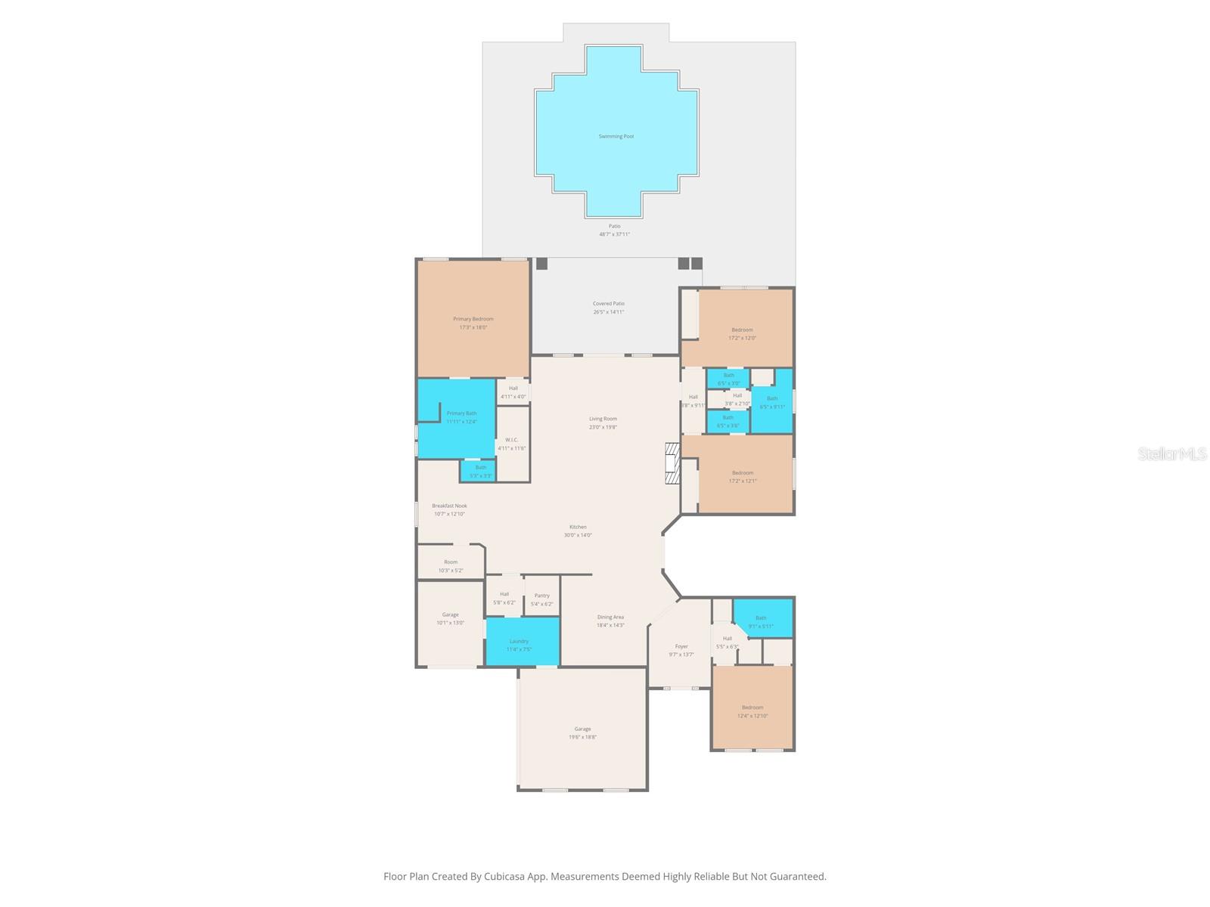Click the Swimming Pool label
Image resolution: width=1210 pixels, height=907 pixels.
click(x=616, y=137)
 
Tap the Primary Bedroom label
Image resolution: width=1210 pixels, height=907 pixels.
click(x=473, y=319)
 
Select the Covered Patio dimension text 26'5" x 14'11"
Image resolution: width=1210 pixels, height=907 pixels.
click(x=608, y=312)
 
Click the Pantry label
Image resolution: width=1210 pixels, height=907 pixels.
click(x=541, y=596)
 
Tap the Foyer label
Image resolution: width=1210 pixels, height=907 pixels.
click(x=681, y=646)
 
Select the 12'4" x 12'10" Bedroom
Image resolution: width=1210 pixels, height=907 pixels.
click(x=752, y=711)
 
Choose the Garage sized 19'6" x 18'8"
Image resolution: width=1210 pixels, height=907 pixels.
click(x=582, y=732)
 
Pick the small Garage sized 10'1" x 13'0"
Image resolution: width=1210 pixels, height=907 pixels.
click(x=450, y=618)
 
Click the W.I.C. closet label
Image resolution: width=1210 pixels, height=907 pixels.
click(x=511, y=440)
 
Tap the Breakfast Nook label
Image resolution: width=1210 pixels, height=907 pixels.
click(x=449, y=506)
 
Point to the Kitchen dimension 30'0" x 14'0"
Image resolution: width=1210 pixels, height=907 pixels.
click(x=578, y=535)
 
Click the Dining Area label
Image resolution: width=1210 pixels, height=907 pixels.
click(x=610, y=617)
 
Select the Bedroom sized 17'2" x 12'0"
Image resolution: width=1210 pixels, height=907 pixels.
click(x=742, y=333)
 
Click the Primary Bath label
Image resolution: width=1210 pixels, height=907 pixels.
click(x=461, y=413)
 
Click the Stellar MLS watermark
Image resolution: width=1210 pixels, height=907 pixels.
click(x=1172, y=454)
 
